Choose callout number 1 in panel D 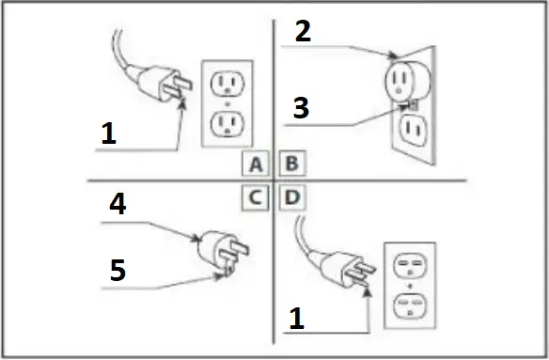click(x=296, y=320)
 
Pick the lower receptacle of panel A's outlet click(x=226, y=122)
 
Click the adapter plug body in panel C click(x=213, y=249)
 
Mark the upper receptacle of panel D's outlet click(x=410, y=267)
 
